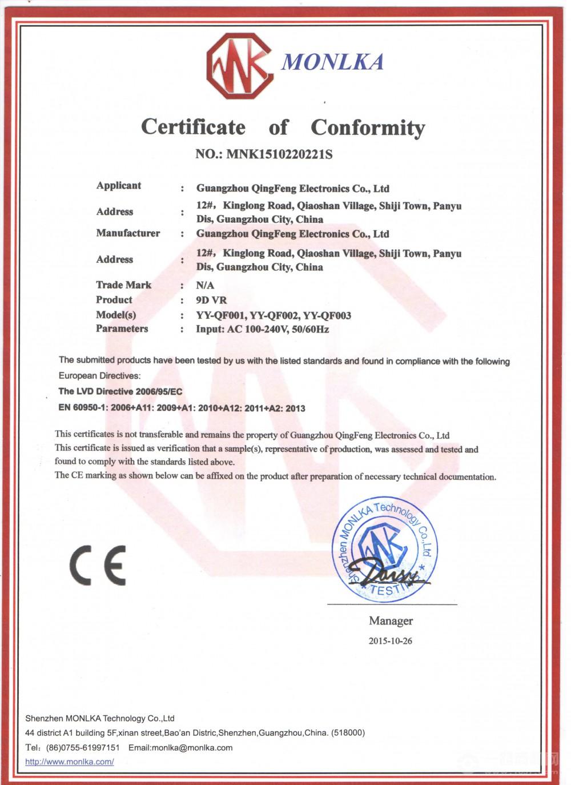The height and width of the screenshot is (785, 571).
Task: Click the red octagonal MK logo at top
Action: [x=239, y=66]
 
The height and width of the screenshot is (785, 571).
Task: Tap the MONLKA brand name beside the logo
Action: [x=332, y=62]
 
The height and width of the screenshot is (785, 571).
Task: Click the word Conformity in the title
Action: [x=368, y=127]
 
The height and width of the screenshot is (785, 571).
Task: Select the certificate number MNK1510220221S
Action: [x=279, y=154]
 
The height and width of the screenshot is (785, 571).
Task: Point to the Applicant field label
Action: [x=118, y=186]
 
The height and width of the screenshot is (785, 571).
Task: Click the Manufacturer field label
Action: [x=128, y=233]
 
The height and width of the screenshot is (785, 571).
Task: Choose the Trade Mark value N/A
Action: [x=205, y=286]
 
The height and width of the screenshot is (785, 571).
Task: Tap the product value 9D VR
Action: [x=211, y=300]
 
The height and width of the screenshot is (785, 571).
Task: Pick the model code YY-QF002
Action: [x=276, y=315]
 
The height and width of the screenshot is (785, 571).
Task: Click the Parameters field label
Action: [x=122, y=329]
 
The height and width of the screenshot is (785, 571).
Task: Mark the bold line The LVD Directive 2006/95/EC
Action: [x=120, y=391]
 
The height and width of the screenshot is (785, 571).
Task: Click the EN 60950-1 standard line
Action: [x=182, y=408]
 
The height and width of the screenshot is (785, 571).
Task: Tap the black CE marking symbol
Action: [x=98, y=565]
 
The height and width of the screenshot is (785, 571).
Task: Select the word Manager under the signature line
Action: [x=391, y=621]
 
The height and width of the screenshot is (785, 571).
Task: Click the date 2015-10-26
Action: [x=390, y=641]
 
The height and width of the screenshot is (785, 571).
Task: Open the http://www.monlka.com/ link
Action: [x=70, y=762]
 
